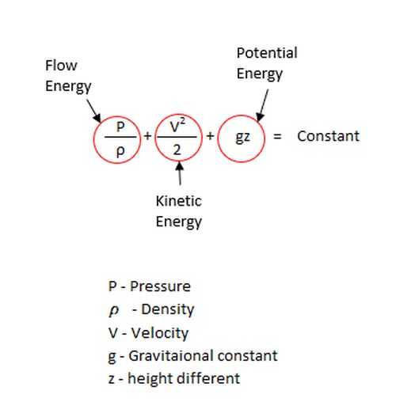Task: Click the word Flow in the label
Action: tap(61, 65)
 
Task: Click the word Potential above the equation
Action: tap(267, 53)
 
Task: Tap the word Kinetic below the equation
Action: tap(179, 201)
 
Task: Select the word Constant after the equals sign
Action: tap(328, 136)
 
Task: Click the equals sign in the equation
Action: tap(277, 136)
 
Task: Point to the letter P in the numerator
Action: tap(120, 127)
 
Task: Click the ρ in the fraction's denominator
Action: tap(120, 151)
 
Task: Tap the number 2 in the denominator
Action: tap(177, 150)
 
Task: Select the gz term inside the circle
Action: tap(242, 138)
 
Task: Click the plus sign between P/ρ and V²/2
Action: tap(147, 136)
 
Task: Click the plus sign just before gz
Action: tap(210, 136)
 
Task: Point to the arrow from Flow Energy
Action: tap(93, 111)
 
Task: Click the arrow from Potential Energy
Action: tap(262, 105)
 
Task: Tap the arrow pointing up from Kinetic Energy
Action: tap(180, 173)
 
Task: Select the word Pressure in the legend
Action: tap(160, 286)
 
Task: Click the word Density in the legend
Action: tap(168, 309)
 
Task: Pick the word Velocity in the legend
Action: tap(160, 333)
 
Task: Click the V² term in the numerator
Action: tap(177, 126)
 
